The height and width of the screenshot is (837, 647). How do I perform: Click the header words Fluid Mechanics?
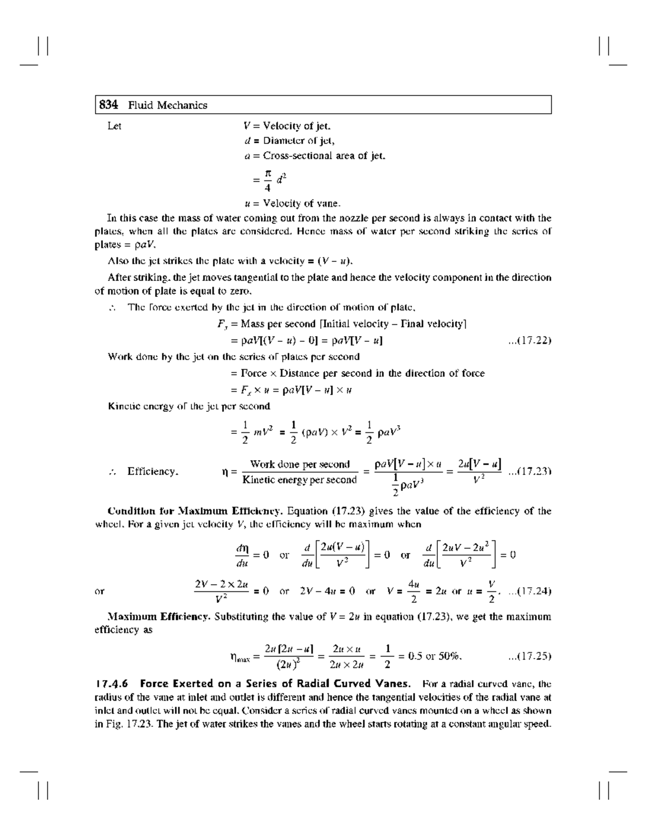click(168, 106)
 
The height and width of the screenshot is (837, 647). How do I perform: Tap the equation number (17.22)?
click(529, 341)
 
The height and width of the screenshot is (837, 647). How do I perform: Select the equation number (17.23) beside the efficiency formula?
click(529, 472)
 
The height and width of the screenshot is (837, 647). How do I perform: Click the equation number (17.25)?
click(529, 656)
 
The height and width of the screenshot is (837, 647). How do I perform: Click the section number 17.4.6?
click(113, 684)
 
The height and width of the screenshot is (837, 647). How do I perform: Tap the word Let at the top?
click(114, 127)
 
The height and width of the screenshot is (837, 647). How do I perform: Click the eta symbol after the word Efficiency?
click(226, 472)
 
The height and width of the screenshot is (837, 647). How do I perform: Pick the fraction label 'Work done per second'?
click(300, 464)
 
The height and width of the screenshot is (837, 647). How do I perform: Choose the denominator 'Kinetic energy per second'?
click(300, 480)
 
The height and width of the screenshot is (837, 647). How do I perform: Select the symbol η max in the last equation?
click(240, 657)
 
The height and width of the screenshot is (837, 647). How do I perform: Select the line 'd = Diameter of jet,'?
click(290, 141)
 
